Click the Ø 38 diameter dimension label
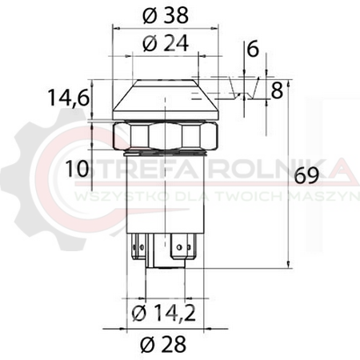tap(166, 15)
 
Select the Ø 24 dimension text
tap(166, 43)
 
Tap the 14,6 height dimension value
tap(68, 98)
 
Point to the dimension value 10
tap(77, 169)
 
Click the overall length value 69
tap(307, 176)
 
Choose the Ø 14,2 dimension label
tap(164, 313)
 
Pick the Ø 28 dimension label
tap(163, 344)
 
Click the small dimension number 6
tap(253, 49)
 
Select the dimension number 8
tap(277, 90)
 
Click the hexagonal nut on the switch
tap(166, 136)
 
